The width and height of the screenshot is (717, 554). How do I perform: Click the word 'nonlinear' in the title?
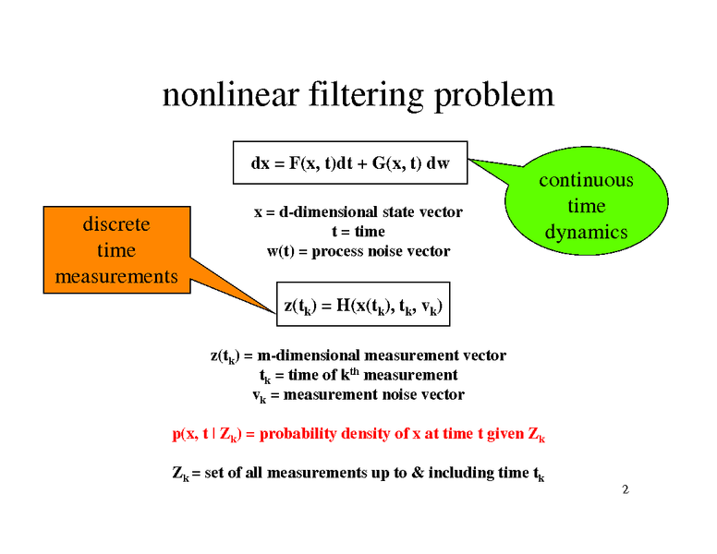231,95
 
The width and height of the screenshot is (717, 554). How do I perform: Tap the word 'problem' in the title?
493,97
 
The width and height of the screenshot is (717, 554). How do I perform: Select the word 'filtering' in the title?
366,97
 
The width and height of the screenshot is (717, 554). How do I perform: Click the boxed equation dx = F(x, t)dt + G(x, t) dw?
350,163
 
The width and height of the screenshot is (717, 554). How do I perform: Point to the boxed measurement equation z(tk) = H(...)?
363,305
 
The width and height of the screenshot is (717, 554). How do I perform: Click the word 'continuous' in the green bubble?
586,180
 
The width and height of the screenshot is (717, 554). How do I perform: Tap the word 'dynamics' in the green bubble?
586,233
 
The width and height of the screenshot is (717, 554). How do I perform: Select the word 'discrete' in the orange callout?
116,224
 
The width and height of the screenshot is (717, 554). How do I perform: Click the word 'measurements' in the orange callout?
116,277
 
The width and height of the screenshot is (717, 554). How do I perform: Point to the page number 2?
626,489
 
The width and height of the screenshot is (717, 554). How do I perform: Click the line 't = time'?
358,232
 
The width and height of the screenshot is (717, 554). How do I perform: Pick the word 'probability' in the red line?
298,434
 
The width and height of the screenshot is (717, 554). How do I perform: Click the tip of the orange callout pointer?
275,313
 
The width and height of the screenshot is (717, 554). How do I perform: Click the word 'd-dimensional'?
328,212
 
